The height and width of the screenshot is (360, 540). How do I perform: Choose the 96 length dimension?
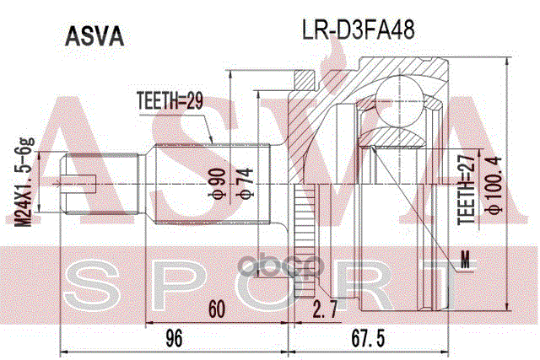(x=174, y=338)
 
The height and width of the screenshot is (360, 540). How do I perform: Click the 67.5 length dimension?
(x=370, y=338)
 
